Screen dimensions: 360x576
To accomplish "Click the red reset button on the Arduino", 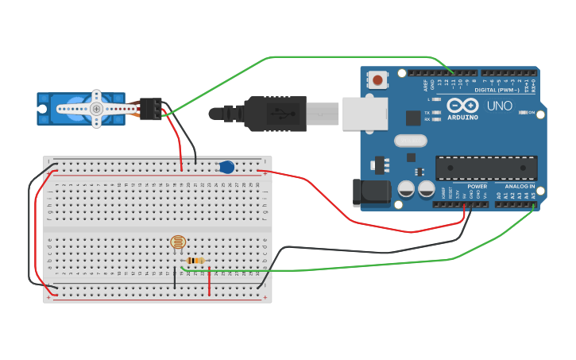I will (x=378, y=79).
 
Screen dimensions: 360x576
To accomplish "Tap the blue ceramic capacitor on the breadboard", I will (x=226, y=167).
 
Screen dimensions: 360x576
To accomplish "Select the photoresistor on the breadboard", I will (x=178, y=242).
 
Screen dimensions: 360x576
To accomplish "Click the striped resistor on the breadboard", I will (x=195, y=260).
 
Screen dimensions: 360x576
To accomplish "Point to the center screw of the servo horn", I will (x=96, y=109).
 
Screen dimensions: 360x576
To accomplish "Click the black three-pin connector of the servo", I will (x=151, y=108).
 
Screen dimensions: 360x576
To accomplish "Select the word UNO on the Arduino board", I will (x=499, y=106).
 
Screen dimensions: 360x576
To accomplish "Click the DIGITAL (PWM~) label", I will (x=497, y=90).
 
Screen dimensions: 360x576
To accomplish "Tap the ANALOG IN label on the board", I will (x=520, y=186).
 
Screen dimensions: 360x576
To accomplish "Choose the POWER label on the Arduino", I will (x=477, y=186).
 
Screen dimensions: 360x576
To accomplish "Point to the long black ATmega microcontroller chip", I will (x=485, y=168).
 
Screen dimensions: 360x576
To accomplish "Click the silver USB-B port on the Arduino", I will (x=365, y=113).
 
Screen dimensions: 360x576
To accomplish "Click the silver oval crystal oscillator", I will (x=410, y=141).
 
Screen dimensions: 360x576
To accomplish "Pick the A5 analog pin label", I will (x=533, y=195).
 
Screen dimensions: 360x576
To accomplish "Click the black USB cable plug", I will (x=274, y=113).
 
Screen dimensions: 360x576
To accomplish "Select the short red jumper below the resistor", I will (x=210, y=281).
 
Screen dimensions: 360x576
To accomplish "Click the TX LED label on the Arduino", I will (x=427, y=112).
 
